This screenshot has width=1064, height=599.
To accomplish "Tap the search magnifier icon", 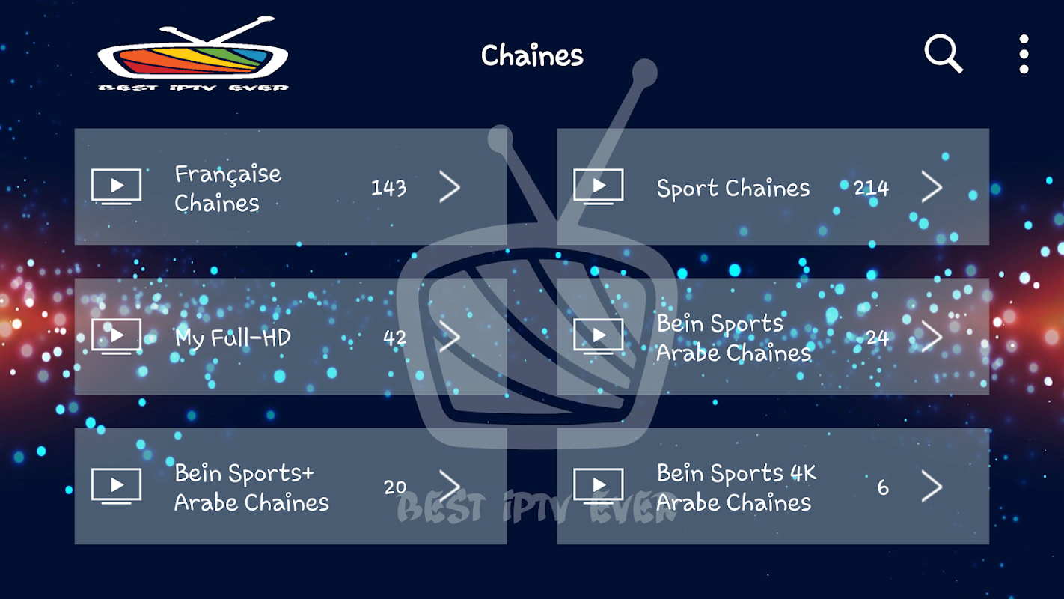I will pos(943,54).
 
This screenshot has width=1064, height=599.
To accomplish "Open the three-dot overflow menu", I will pos(1024,54).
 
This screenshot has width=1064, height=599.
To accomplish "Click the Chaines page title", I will pos(532,55).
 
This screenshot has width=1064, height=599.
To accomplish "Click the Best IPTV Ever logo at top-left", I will pos(193,55).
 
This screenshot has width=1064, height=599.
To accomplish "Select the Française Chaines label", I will pos(227,188).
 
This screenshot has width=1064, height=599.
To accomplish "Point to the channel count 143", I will pos(389,187).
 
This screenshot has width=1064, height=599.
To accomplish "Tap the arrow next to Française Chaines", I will pos(450,187).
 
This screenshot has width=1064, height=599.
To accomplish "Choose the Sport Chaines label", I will pos(733,188).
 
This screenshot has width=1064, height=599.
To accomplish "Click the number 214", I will pos(871,187).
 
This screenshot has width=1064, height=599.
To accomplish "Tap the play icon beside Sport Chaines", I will pos(598,186).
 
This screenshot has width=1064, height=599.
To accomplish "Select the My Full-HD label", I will pos(233,338).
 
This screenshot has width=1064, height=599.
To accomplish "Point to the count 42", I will pos(395,338).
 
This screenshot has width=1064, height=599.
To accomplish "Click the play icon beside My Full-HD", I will pos(116,335).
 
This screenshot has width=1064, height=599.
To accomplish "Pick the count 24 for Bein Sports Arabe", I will pos(878,338).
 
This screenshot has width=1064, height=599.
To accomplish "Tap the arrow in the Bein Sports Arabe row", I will pos(932,337).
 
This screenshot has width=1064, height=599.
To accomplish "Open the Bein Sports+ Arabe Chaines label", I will pos(251,487).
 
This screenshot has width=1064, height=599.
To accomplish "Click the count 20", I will pos(395,487).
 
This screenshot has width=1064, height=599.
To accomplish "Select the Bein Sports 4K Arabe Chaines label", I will pos(736,487).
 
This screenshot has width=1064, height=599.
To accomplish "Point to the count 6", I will pos(883,487).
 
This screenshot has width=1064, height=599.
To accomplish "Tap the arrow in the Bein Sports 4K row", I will pos(932,487).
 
